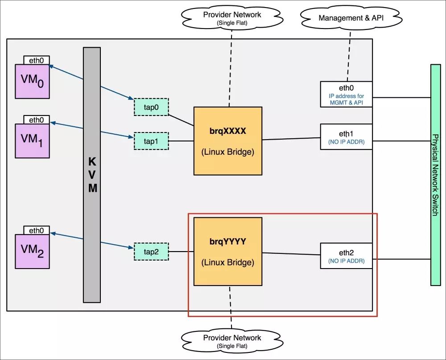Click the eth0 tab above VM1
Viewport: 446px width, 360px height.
tap(36, 120)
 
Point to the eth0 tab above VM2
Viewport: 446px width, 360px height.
tap(36, 231)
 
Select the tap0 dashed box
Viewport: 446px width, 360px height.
tap(151, 107)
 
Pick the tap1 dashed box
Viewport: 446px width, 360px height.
tap(151, 141)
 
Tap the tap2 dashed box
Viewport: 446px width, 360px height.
tap(151, 252)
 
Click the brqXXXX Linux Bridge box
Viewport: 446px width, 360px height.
tap(227, 141)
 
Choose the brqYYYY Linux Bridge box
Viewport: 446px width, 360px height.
tap(227, 252)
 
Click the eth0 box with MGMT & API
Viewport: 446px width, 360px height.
tap(346, 94)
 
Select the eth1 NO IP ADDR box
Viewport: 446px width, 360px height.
tap(346, 137)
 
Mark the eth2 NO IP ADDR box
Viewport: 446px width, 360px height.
tap(346, 256)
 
